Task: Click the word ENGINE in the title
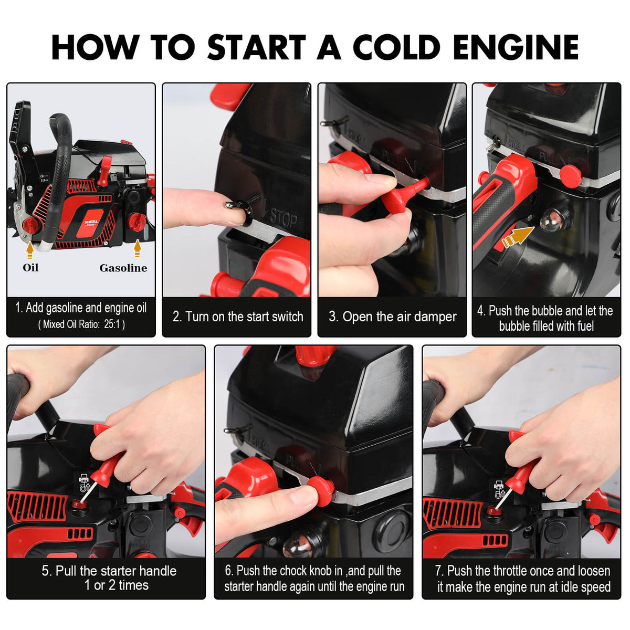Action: (516, 47)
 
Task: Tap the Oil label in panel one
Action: (30, 268)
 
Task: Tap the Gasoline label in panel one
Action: (123, 268)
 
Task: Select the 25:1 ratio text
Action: (112, 324)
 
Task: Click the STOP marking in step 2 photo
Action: (284, 218)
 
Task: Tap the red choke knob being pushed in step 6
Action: (320, 490)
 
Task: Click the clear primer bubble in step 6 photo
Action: (298, 546)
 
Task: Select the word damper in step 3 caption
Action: (433, 317)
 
